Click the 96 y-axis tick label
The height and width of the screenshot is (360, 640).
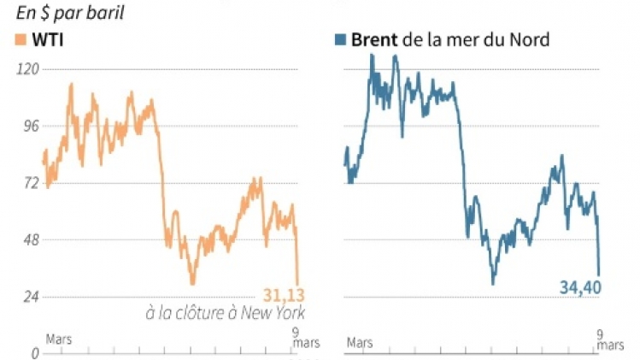pyautogui.click(x=30, y=127)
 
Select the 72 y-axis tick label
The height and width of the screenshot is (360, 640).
pyautogui.click(x=30, y=183)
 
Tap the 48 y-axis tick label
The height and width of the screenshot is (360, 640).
pyautogui.click(x=30, y=240)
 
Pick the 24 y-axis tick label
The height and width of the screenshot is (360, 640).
pyautogui.click(x=30, y=298)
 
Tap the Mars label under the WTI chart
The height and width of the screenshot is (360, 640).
pyautogui.click(x=59, y=339)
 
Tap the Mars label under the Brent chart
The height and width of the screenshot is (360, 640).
pyautogui.click(x=359, y=343)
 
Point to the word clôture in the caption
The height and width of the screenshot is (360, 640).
pyautogui.click(x=197, y=314)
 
